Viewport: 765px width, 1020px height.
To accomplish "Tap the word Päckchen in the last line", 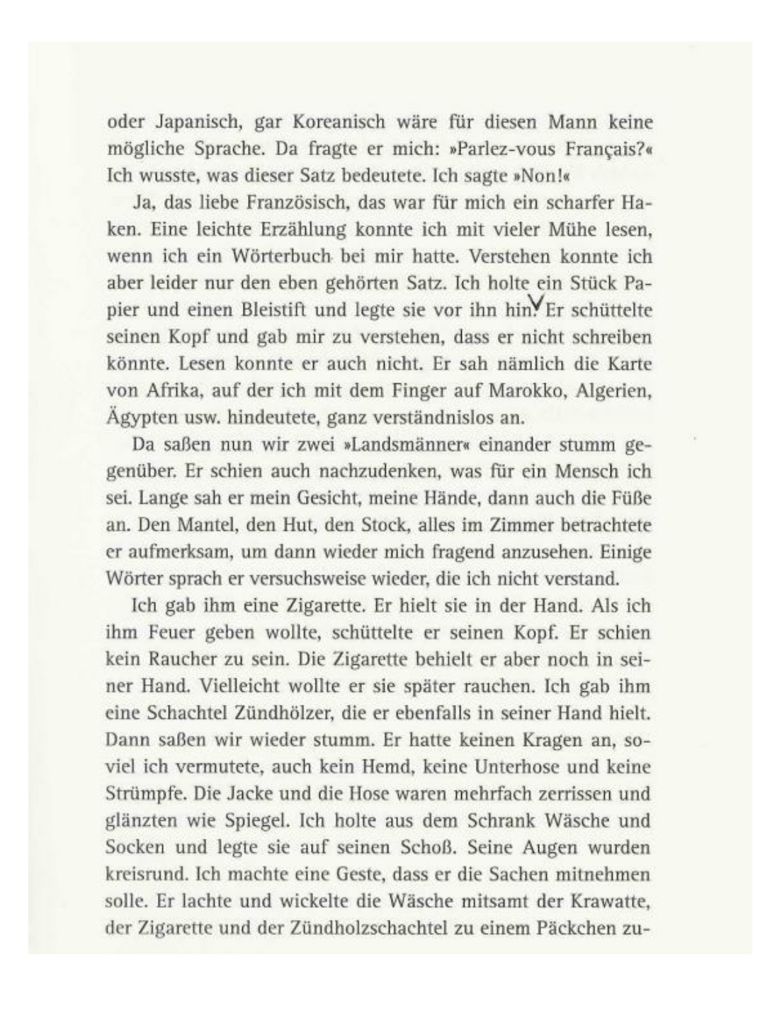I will coord(574,928).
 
